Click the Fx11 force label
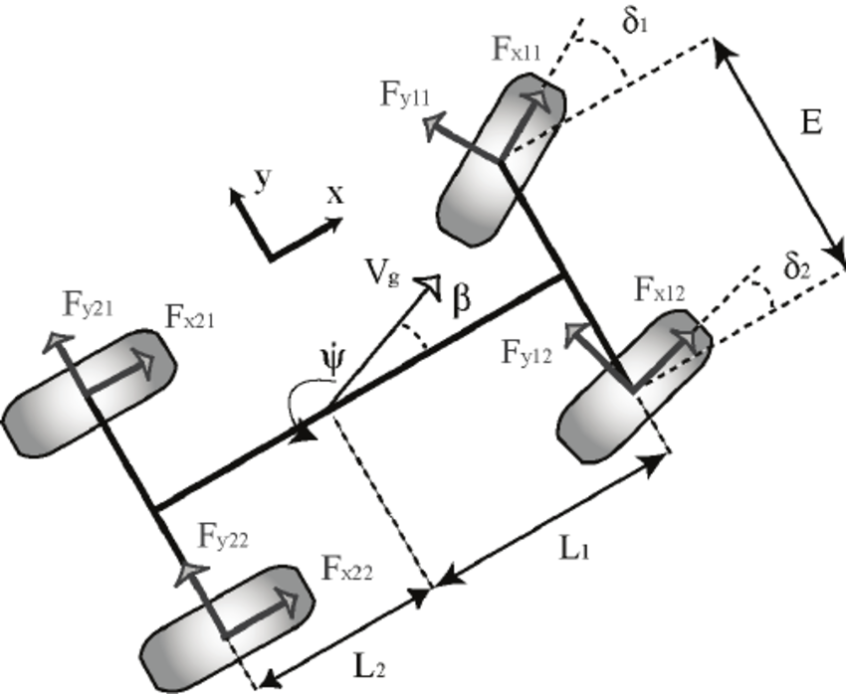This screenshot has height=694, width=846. click(517, 52)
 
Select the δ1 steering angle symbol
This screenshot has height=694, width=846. click(635, 22)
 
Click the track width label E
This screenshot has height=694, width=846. click(811, 123)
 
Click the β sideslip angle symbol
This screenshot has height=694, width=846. click(461, 302)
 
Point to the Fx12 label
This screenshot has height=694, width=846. click(659, 291)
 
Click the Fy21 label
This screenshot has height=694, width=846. click(87, 308)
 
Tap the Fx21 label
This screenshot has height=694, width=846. click(191, 319)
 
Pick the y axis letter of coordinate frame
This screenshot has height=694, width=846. click(262, 177)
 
